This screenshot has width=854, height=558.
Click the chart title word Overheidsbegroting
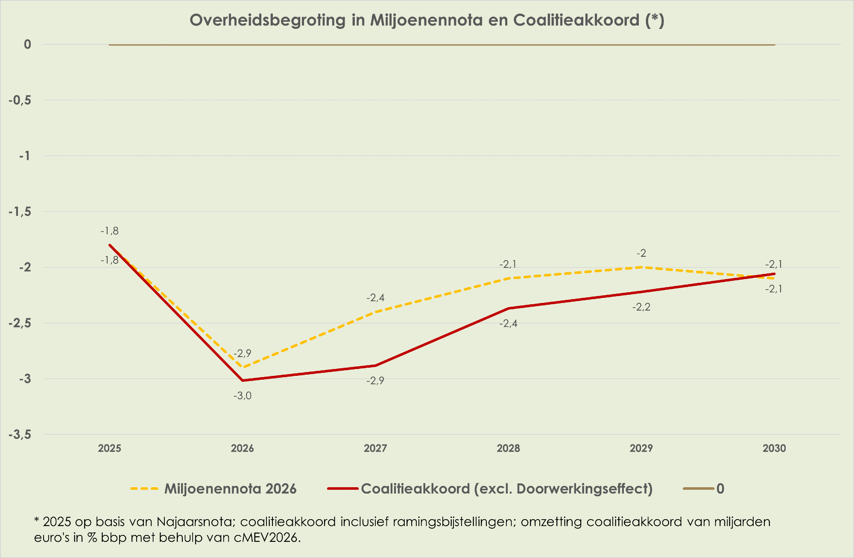[267, 20]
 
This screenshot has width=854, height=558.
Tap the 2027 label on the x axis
[375, 448]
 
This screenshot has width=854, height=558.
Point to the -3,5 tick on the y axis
[20, 435]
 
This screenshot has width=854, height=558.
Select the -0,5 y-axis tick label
[20, 100]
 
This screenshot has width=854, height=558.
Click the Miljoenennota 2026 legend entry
[230, 488]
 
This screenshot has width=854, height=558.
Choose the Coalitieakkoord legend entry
[506, 488]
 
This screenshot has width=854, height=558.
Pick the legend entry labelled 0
[720, 488]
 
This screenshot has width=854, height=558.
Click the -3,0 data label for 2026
[243, 396]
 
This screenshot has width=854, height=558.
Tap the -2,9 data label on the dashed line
[243, 353]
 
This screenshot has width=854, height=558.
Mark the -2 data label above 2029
[641, 253]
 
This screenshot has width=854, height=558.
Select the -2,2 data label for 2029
[641, 307]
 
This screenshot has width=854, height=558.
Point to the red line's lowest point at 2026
[243, 380]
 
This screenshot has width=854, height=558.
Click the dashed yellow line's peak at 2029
[641, 267]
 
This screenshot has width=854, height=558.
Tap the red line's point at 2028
[509, 308]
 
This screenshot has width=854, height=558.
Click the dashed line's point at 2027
[375, 312]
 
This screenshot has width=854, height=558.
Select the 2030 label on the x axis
[774, 448]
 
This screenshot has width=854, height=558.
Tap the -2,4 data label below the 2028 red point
[509, 324]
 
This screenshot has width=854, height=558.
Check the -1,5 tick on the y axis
[20, 212]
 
